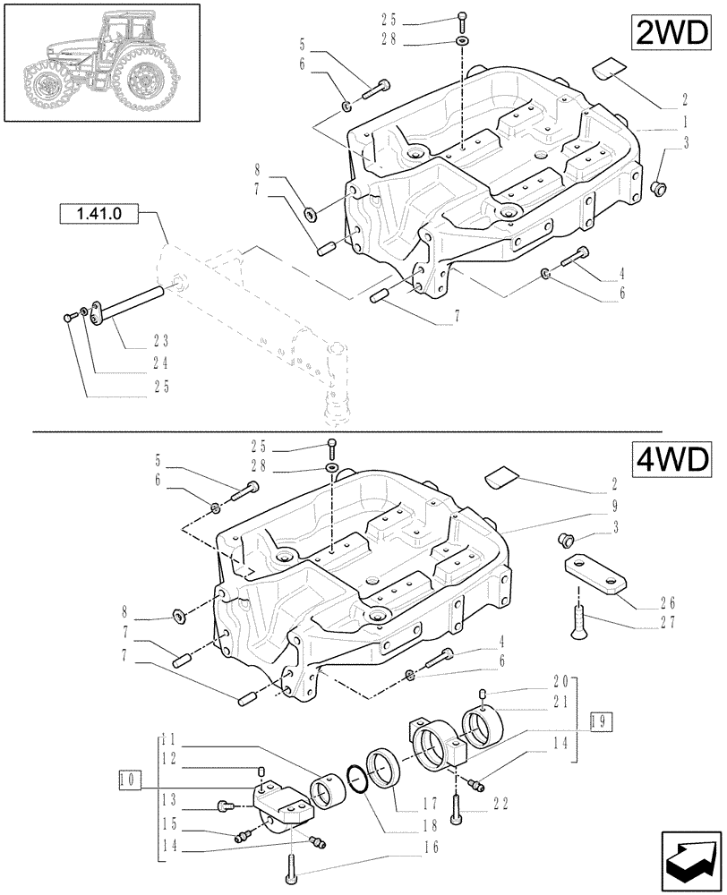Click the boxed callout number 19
coord(603,719)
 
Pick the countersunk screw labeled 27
coord(580,621)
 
